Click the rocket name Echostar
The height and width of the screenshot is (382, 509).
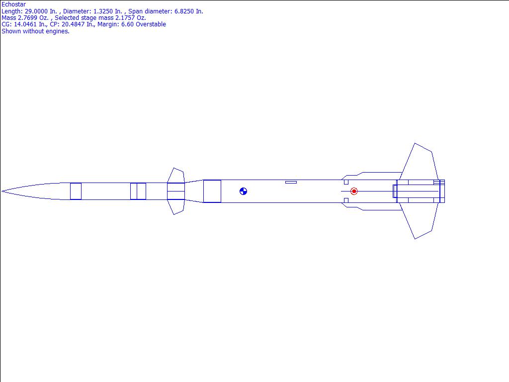point(13,4)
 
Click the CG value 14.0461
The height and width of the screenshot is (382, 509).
point(25,24)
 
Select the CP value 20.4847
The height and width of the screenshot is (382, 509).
point(73,24)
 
